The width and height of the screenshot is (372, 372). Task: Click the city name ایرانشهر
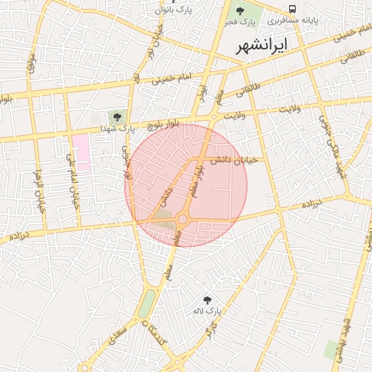pyautogui.click(x=262, y=45)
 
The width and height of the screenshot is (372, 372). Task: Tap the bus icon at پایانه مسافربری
pyautogui.click(x=292, y=9)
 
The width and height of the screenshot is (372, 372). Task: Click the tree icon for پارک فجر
pyautogui.click(x=240, y=10)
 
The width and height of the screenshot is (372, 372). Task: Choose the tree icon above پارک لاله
pyautogui.click(x=208, y=299)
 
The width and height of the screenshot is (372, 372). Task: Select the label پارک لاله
pyautogui.click(x=206, y=311)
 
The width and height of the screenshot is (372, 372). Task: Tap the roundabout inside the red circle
pyautogui.click(x=182, y=219)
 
